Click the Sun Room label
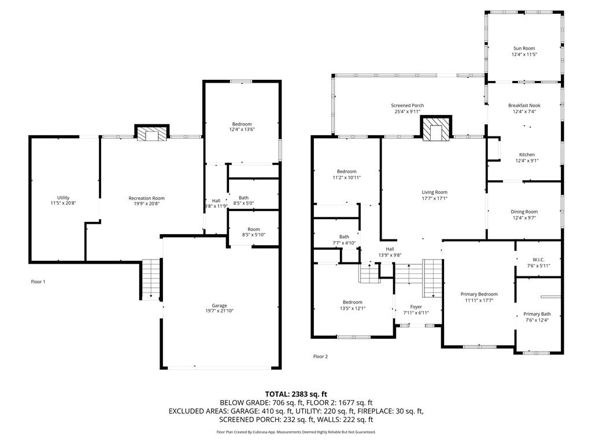click(524, 49)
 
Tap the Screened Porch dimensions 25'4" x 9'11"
click(408, 112)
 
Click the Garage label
click(219, 305)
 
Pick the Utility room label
click(64, 198)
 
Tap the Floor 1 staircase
click(151, 279)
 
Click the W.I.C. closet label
click(538, 260)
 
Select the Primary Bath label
click(537, 314)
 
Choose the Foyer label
click(416, 307)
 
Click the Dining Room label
click(524, 212)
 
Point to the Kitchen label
click(527, 154)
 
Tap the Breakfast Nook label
click(524, 105)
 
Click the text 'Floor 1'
click(38, 282)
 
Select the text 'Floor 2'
click(320, 356)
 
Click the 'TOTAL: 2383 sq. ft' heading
click(296, 394)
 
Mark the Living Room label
click(435, 192)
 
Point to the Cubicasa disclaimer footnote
click(296, 432)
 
